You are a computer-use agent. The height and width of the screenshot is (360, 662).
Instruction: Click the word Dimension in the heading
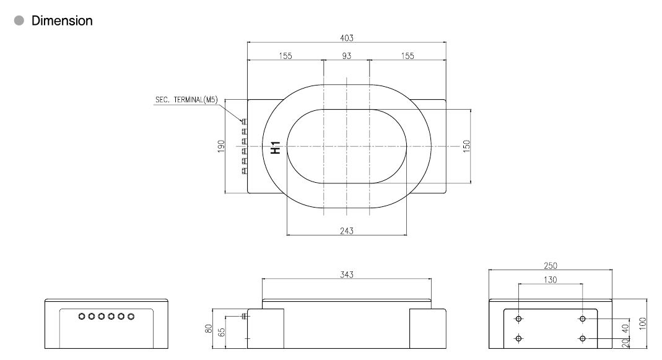(x=62, y=20)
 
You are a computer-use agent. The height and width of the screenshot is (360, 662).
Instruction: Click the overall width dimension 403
(x=347, y=38)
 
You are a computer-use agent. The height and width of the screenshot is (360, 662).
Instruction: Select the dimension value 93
(x=347, y=56)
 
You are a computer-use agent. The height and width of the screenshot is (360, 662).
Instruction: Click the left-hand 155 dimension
(x=285, y=56)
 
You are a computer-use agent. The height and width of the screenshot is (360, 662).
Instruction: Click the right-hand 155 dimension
(x=407, y=56)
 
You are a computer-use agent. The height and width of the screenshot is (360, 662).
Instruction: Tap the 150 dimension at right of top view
(x=467, y=146)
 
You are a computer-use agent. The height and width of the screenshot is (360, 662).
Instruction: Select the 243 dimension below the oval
(x=347, y=230)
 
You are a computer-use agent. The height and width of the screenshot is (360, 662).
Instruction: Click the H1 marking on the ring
(x=276, y=147)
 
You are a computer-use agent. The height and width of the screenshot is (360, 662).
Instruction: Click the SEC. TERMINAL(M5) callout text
(x=186, y=99)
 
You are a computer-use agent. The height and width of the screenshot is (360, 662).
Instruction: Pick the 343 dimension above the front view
(x=347, y=274)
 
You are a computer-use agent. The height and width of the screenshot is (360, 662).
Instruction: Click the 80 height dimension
(x=209, y=329)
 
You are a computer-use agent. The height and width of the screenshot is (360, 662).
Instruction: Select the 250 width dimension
(x=551, y=265)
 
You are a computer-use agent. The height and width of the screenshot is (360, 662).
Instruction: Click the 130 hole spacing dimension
(x=551, y=280)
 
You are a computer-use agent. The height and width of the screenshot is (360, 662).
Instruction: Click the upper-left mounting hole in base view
(x=519, y=318)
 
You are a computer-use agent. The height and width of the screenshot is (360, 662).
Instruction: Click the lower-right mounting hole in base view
(x=582, y=338)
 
